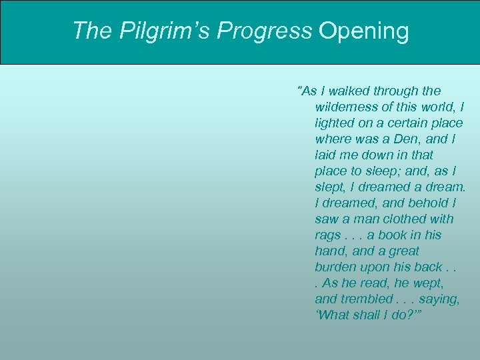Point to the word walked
coord(351,91)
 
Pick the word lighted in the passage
coord(335,123)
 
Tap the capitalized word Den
coord(405,139)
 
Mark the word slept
coord(331,187)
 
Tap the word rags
coord(328,235)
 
